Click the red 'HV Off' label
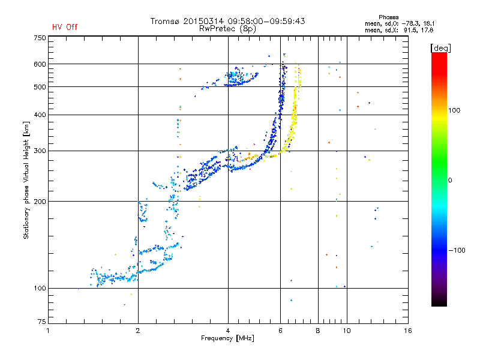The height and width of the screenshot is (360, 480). [x=65, y=27]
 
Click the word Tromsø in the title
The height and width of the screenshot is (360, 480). [x=165, y=21]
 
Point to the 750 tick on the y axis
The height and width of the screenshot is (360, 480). [x=40, y=38]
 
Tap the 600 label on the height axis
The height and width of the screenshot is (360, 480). [x=40, y=64]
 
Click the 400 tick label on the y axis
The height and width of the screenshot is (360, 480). [x=40, y=115]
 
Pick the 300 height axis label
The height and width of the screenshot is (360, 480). [x=40, y=151]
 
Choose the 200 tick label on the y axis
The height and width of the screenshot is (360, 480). [x=40, y=201]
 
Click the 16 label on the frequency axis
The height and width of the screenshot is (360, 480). [x=407, y=331]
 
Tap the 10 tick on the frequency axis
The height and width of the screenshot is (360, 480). [x=346, y=331]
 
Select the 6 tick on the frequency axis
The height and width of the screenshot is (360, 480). [x=280, y=331]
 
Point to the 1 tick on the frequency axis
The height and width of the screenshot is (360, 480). [x=48, y=331]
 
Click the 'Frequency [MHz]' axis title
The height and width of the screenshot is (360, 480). [x=227, y=339]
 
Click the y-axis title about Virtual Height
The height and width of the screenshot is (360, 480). [x=26, y=180]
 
